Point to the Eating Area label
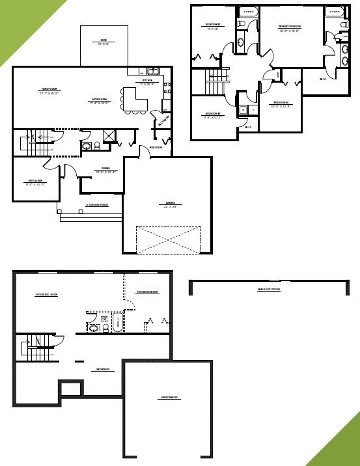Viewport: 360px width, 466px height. click(100, 101)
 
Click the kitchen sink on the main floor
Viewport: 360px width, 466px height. click(154, 71)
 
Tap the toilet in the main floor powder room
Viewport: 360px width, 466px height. click(96, 145)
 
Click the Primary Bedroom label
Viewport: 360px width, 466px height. click(289, 27)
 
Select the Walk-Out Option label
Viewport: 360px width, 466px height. click(268, 290)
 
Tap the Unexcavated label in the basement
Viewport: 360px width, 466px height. click(169, 397)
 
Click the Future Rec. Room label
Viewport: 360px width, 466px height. click(46, 294)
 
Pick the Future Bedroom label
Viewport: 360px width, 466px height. click(148, 292)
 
